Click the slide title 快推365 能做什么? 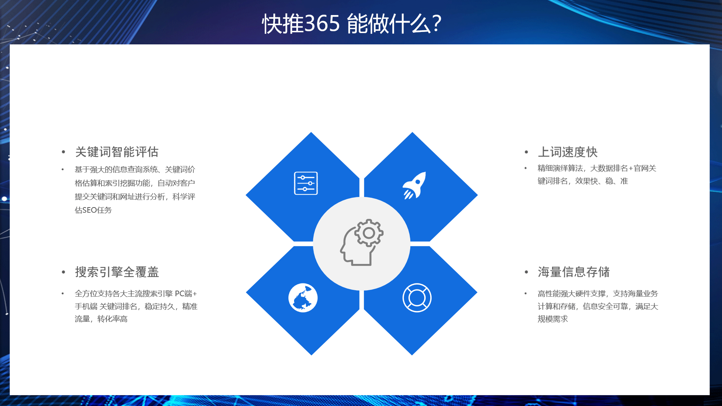pyautogui.click(x=352, y=24)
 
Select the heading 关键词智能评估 pyautogui.click(x=117, y=152)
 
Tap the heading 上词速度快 pyautogui.click(x=568, y=152)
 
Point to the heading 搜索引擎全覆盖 pyautogui.click(x=117, y=272)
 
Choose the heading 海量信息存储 pyautogui.click(x=574, y=272)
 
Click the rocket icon pyautogui.click(x=414, y=185)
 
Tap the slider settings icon pyautogui.click(x=306, y=183)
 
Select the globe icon pyautogui.click(x=303, y=298)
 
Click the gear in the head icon pyautogui.click(x=369, y=233)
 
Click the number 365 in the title pyautogui.click(x=322, y=24)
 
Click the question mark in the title pyautogui.click(x=437, y=24)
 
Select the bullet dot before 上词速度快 pyautogui.click(x=526, y=152)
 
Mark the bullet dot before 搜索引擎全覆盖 pyautogui.click(x=64, y=272)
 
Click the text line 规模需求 pyautogui.click(x=553, y=319)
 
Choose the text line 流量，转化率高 pyautogui.click(x=101, y=319)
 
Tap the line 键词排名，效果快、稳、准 pyautogui.click(x=583, y=181)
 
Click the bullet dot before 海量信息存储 pyautogui.click(x=526, y=272)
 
